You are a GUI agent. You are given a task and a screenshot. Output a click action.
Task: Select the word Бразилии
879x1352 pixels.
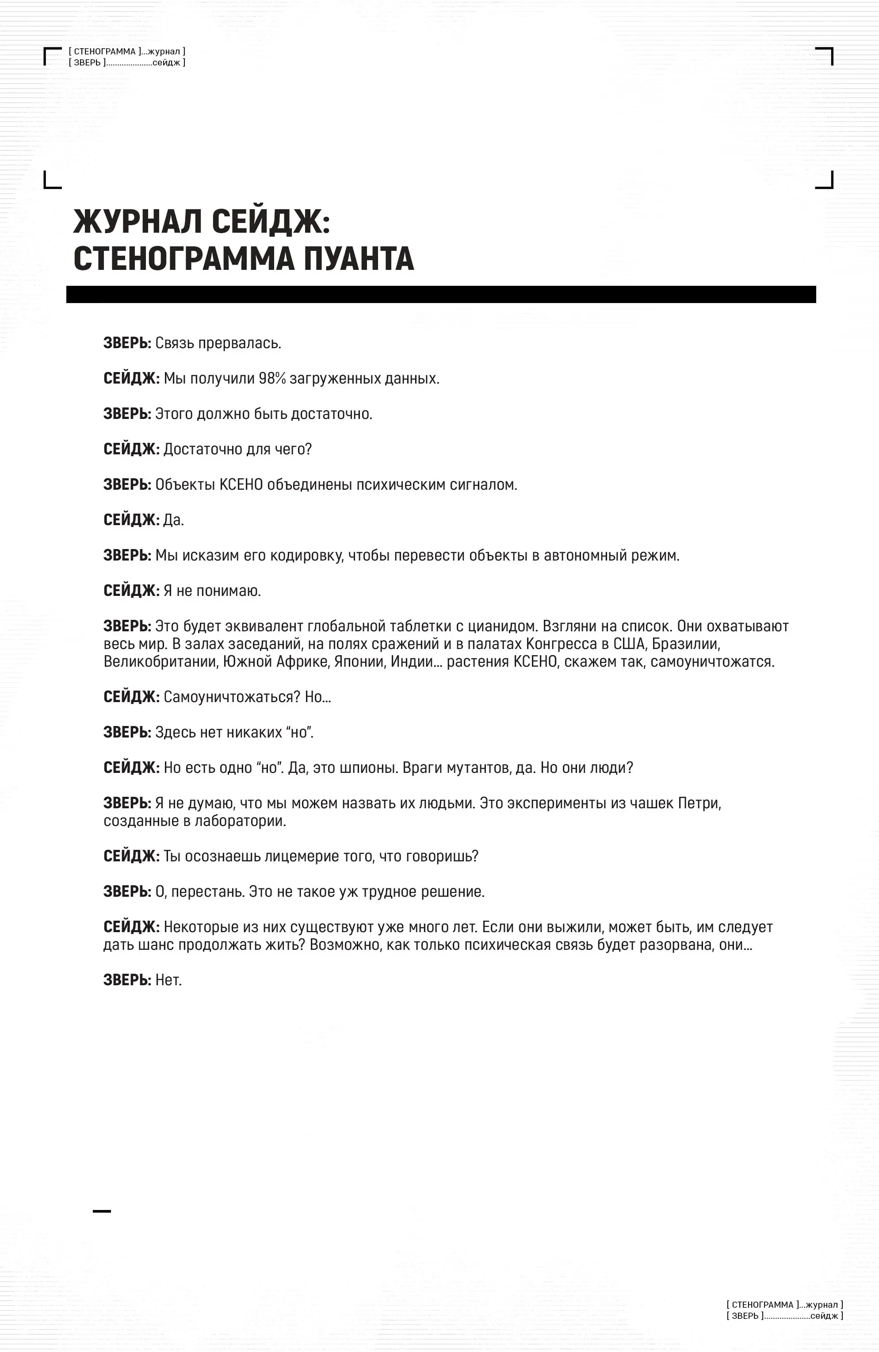[686, 644]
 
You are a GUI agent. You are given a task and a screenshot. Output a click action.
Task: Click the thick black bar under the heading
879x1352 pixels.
[441, 294]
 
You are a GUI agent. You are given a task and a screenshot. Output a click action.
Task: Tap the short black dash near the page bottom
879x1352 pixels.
[102, 1211]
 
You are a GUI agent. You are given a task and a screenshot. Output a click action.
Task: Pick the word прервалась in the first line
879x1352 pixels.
[246, 343]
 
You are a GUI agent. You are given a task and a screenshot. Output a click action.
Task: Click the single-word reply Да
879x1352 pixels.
[173, 520]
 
